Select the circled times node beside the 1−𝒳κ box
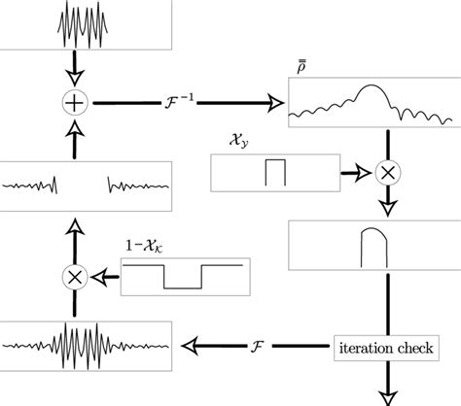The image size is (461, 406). click(73, 276)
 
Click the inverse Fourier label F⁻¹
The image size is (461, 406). click(175, 97)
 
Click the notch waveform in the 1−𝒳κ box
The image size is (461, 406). click(181, 276)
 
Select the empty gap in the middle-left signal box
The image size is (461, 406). click(82, 183)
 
